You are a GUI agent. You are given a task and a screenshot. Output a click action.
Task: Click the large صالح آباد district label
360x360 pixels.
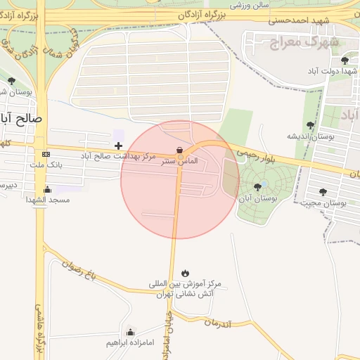21,119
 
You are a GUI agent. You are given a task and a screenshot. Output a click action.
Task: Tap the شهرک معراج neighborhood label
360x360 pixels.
304,41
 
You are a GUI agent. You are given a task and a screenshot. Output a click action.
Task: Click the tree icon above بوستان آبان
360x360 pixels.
257,187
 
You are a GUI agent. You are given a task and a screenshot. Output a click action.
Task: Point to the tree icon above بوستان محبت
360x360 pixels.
323,191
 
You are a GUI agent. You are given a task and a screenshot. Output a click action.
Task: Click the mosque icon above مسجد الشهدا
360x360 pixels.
47,188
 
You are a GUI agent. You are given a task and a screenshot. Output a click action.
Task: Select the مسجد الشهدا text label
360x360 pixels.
48,200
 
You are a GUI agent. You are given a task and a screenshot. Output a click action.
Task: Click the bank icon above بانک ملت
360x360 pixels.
46,154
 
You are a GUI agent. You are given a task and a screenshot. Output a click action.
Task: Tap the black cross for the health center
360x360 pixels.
118,146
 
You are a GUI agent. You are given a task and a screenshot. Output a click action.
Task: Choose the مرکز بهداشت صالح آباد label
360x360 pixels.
118,156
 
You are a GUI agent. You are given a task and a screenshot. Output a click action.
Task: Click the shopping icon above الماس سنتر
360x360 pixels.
180,150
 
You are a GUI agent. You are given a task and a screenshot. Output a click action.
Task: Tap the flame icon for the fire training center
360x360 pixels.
184,273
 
